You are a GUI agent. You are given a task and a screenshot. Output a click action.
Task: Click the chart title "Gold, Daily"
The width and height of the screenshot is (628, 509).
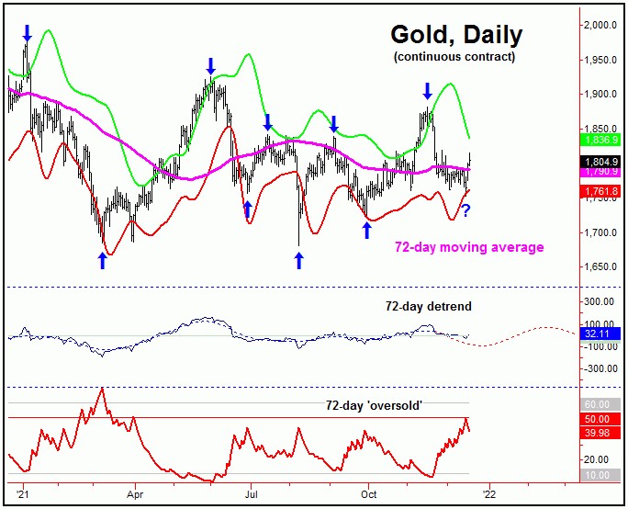(456, 35)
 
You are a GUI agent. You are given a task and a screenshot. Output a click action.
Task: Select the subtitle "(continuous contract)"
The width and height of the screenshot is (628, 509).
(454, 57)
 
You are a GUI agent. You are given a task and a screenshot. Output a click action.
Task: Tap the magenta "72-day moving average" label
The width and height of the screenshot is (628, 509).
(469, 246)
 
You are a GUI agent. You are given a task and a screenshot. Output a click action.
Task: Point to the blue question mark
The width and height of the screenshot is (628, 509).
(465, 211)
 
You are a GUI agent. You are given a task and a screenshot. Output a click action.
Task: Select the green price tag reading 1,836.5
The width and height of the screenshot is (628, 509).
(602, 139)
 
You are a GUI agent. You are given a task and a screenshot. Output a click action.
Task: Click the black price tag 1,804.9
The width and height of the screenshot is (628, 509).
(602, 161)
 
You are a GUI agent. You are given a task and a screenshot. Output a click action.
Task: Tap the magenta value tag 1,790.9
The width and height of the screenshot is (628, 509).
(602, 171)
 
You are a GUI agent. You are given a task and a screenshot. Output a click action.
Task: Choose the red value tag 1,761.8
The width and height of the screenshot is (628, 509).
(602, 191)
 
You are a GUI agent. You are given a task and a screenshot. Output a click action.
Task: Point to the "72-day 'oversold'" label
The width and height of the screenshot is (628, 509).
(374, 404)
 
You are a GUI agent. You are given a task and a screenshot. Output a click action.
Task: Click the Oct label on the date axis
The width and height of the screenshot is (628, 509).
(369, 492)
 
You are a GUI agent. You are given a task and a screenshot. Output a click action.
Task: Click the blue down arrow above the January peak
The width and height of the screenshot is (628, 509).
(27, 33)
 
